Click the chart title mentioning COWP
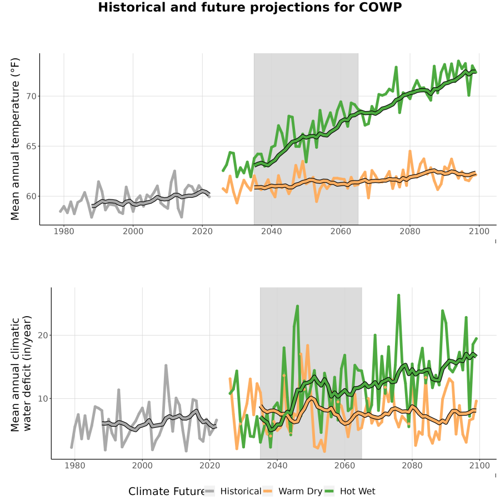coord(249,7)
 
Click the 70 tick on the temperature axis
coord(31,96)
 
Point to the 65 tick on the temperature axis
coord(31,146)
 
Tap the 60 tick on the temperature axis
coord(31,196)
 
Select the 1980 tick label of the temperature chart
coord(64,231)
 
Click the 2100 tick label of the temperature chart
coord(479,231)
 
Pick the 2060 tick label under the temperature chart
coord(341,231)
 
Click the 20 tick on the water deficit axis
coord(43,335)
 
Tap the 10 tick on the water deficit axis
coord(43,398)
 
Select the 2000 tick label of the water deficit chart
coord(142,466)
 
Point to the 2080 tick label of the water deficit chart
coord(412,466)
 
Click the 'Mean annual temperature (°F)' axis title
coord(15,139)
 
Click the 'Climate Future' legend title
coord(167,492)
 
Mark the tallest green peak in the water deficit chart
coord(398,296)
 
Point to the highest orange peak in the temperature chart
coord(410,151)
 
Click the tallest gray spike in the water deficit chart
coord(166,366)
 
